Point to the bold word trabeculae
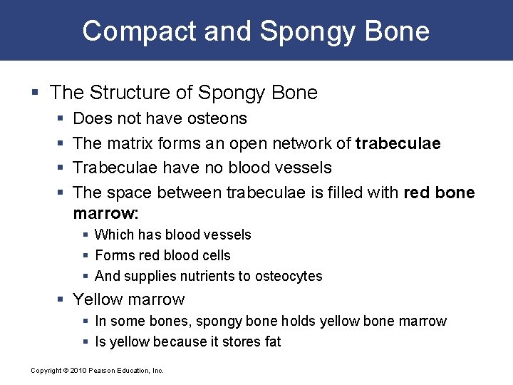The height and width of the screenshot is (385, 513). point(398,143)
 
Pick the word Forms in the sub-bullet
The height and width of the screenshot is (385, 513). point(113,255)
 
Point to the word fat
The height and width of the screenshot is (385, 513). point(273,342)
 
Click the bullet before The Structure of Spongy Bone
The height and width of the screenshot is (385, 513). point(36,93)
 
